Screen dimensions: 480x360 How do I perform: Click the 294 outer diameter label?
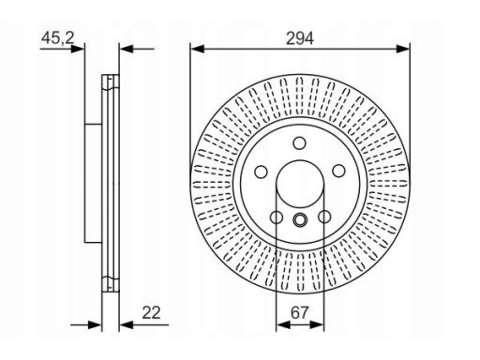coord(300,38)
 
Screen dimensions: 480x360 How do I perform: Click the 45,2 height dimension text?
coord(58,38)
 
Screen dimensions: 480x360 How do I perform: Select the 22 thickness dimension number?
coord(151,312)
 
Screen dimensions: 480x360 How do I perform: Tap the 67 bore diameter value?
coord(299,312)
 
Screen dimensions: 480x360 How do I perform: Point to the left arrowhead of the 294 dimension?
coord(198,49)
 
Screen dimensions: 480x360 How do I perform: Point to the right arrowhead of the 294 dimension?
coord(403,49)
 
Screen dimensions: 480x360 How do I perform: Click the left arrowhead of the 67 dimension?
coord(283,325)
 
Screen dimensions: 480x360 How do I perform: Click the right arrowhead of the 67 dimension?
coord(317,325)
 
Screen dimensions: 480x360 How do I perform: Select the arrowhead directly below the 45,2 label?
coord(78,49)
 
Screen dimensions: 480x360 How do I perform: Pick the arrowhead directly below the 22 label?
coord(127,325)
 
